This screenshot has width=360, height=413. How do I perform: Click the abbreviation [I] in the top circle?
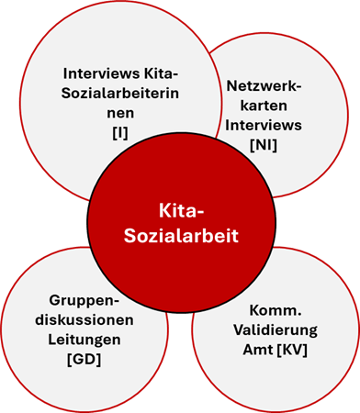[120, 133]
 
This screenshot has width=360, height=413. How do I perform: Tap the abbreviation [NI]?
[264, 145]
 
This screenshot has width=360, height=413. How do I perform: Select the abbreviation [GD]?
[84, 359]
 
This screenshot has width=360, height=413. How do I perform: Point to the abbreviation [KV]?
[292, 350]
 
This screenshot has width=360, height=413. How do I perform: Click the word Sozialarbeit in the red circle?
[181, 236]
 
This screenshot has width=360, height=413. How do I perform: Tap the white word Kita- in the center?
[181, 211]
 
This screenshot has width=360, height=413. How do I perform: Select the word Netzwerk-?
[264, 86]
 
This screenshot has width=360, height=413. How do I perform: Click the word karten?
[264, 106]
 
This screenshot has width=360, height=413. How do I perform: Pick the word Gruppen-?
[84, 300]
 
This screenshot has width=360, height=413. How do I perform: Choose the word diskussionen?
[84, 320]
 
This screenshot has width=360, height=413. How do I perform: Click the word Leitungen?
[84, 340]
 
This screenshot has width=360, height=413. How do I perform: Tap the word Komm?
[276, 310]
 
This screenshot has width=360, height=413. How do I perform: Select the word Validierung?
[276, 329]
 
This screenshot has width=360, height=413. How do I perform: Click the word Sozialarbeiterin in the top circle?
[120, 94]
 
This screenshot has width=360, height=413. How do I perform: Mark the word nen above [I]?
[120, 113]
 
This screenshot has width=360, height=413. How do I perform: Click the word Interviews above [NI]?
[264, 125]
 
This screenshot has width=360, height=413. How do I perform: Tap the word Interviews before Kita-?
[101, 73]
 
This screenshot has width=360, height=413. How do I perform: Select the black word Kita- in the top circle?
[161, 73]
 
